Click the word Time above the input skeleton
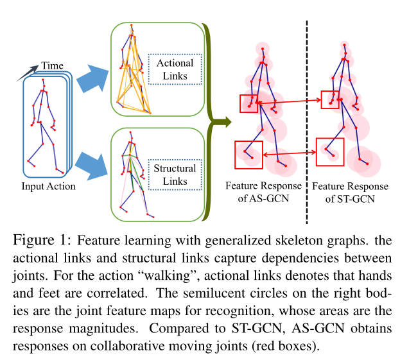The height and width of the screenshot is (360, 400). [x=52, y=65]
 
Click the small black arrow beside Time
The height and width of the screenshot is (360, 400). [x=28, y=71]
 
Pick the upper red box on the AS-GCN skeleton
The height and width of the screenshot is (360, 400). [x=248, y=103]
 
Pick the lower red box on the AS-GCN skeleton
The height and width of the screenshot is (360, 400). [x=248, y=155]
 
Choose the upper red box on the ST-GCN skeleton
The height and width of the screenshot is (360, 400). [x=329, y=99]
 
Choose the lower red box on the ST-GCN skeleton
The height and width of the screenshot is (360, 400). [x=331, y=151]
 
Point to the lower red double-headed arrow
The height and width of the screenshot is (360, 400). [x=290, y=153]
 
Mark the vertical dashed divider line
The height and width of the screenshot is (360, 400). [x=306, y=122]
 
